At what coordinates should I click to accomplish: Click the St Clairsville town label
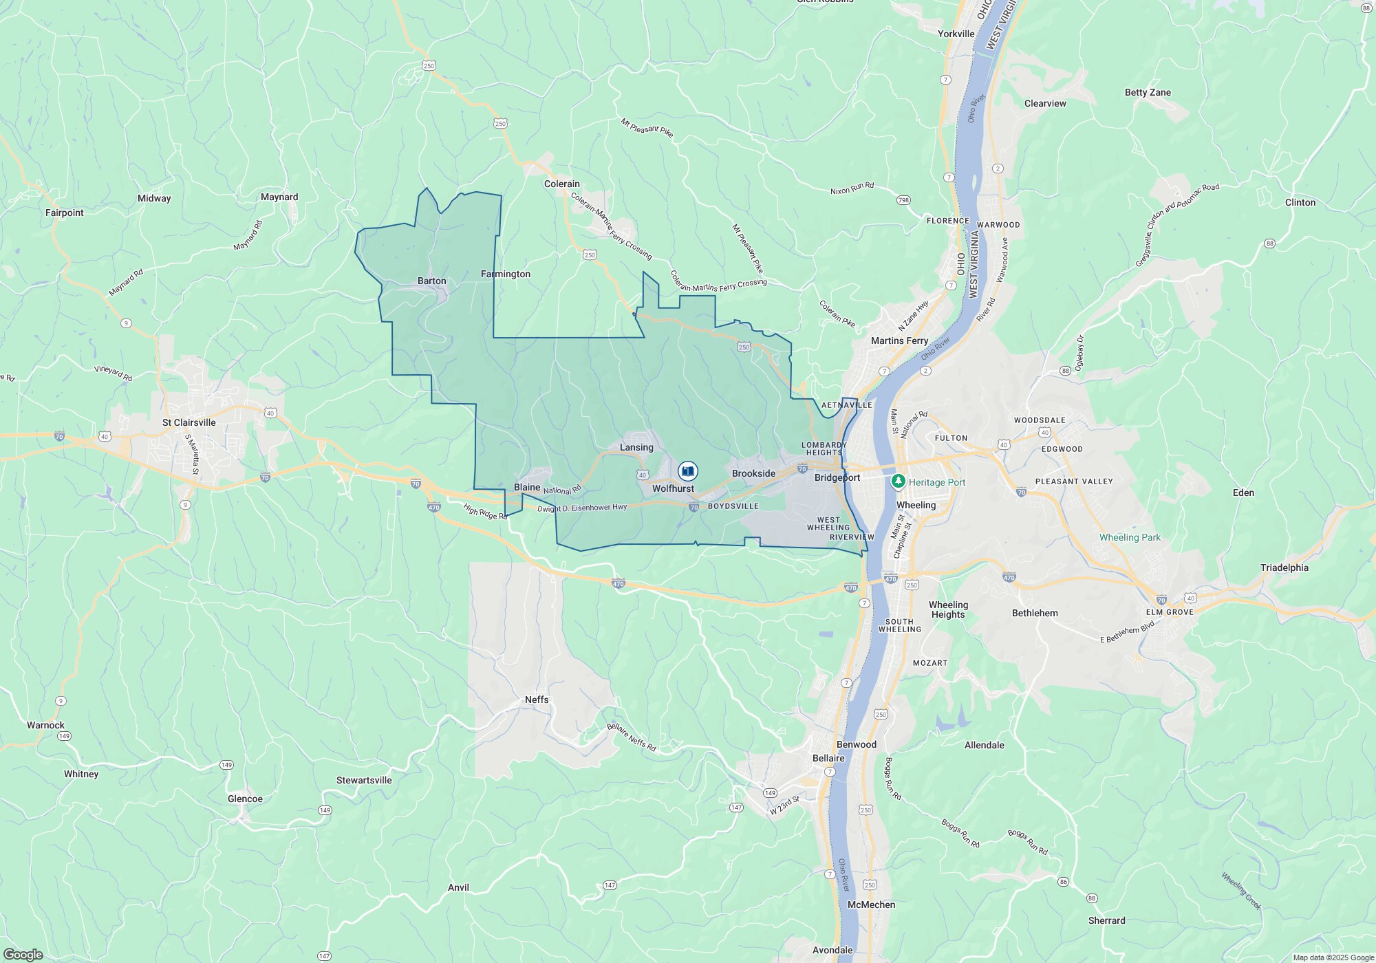click(189, 422)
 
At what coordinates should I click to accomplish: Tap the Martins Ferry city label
click(899, 340)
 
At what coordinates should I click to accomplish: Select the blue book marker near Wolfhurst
click(687, 471)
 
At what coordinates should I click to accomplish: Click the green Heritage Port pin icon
click(898, 481)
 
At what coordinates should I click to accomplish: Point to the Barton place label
click(432, 281)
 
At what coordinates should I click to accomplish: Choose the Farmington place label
click(506, 274)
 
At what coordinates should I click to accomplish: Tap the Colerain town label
click(562, 184)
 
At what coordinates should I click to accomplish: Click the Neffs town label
click(537, 700)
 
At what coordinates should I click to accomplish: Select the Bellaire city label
click(828, 758)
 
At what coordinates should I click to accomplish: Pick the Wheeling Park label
click(1130, 537)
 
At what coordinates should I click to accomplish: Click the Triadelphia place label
click(1284, 567)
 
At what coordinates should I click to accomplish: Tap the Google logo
click(23, 954)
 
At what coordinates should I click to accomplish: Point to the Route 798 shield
click(903, 201)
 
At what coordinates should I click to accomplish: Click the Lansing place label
click(636, 447)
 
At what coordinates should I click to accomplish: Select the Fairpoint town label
click(65, 213)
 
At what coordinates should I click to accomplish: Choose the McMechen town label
click(871, 905)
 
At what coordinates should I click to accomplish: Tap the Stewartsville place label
click(364, 780)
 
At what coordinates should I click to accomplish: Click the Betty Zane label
click(1148, 92)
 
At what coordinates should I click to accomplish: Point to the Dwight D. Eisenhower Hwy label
click(582, 508)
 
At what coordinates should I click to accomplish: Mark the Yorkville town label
click(956, 34)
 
